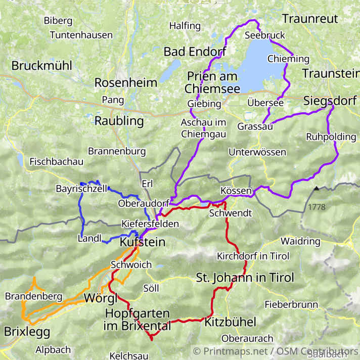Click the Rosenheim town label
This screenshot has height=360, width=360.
[x=126, y=82]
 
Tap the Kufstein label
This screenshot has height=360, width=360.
[x=142, y=242]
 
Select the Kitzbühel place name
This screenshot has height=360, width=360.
[x=230, y=322]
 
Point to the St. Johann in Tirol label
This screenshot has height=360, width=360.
[x=245, y=278]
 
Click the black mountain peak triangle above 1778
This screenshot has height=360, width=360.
[x=316, y=189]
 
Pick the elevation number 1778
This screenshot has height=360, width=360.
[x=316, y=207]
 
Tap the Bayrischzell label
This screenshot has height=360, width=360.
[x=81, y=189]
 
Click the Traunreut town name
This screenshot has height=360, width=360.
[x=309, y=19]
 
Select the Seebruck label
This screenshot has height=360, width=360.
[x=264, y=35]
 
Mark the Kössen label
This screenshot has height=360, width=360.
[x=236, y=191]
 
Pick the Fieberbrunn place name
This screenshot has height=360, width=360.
[x=291, y=304]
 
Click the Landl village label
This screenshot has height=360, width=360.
[x=90, y=238]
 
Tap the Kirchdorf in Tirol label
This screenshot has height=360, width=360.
[x=249, y=256]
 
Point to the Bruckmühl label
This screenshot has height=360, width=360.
[x=41, y=66]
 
